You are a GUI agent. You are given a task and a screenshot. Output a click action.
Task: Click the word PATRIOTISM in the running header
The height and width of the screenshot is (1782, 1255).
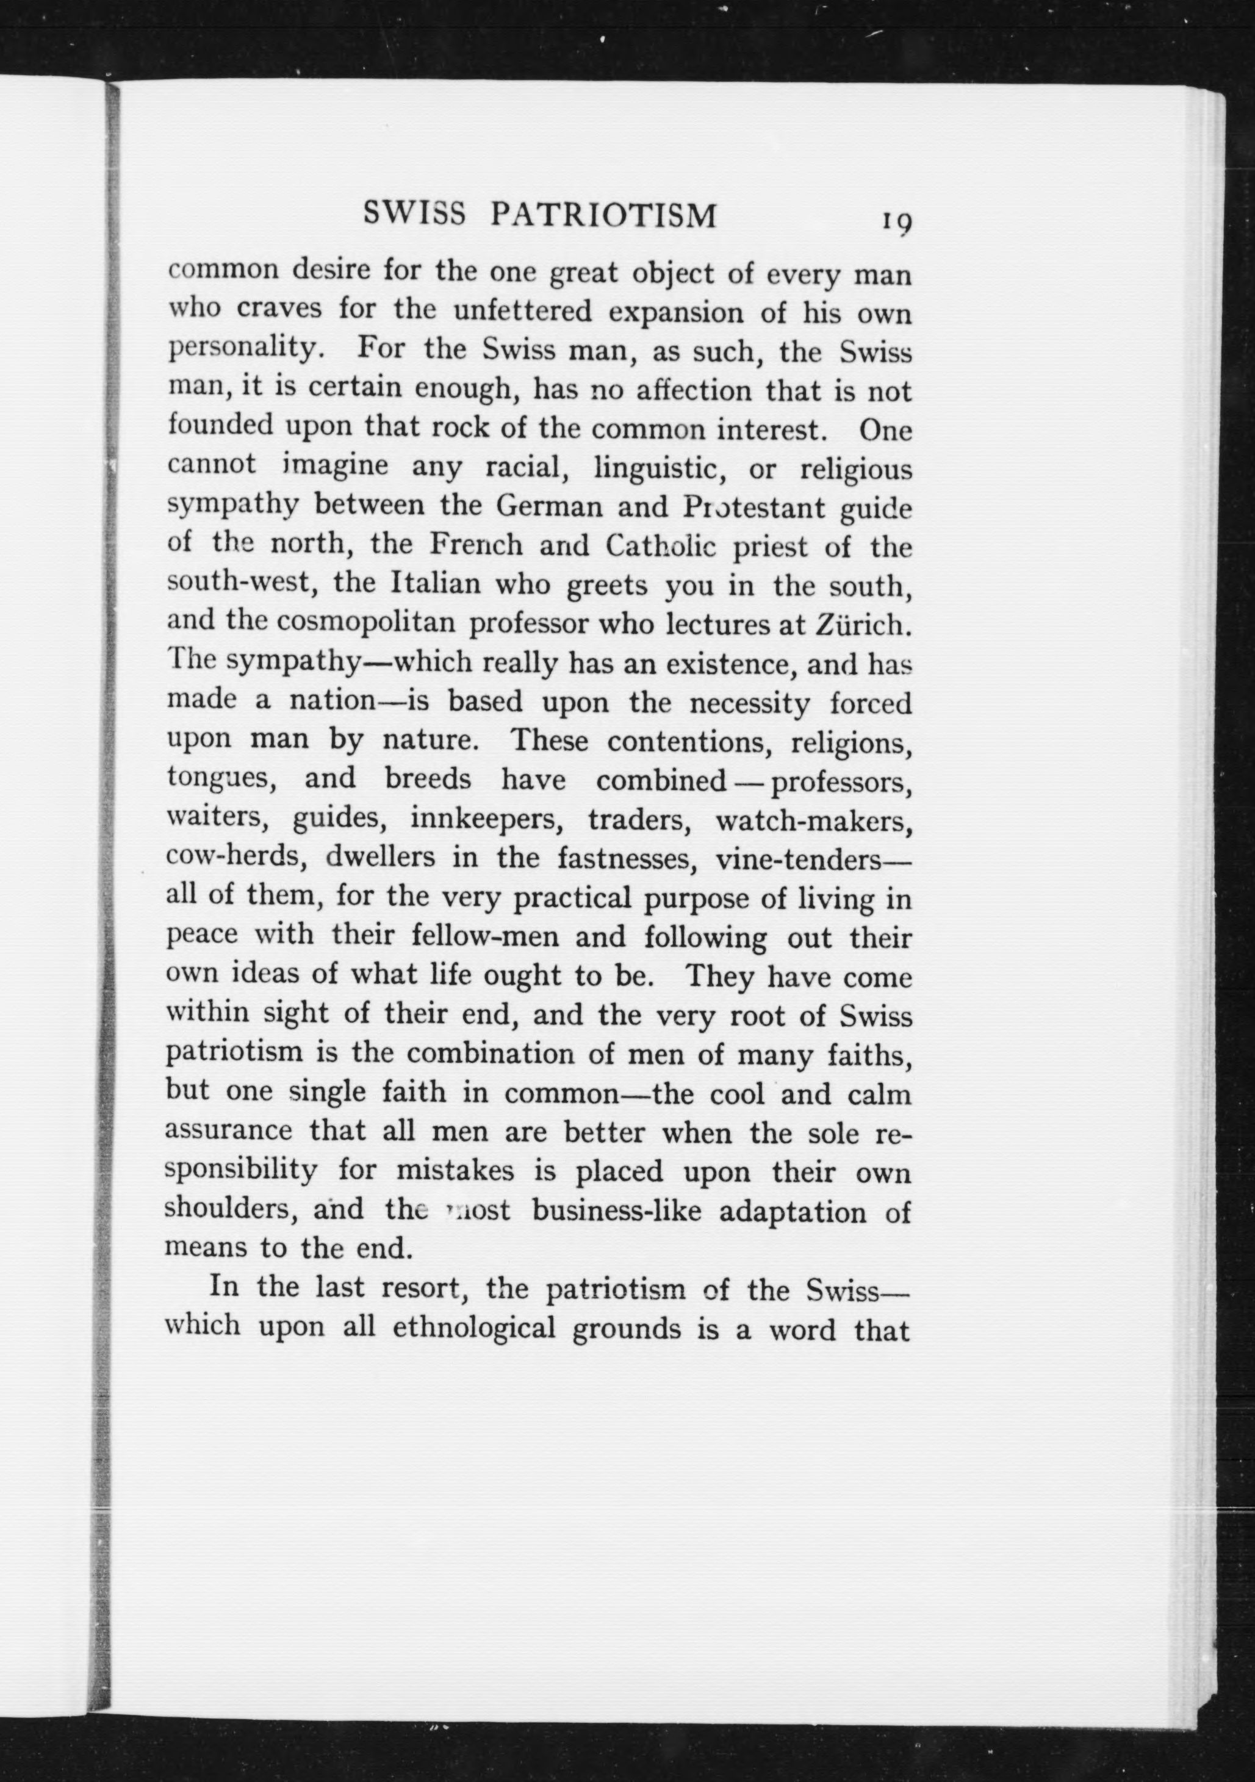(x=602, y=216)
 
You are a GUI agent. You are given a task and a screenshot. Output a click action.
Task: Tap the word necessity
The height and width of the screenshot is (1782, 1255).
(x=750, y=703)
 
